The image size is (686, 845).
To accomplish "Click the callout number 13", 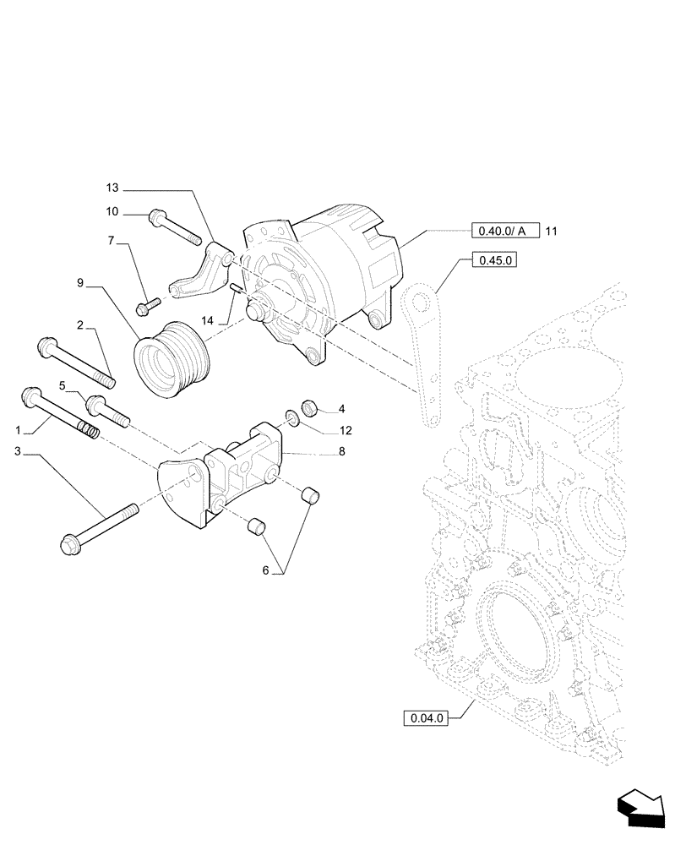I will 114,187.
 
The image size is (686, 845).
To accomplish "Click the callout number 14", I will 207,321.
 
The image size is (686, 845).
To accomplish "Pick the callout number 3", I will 18,453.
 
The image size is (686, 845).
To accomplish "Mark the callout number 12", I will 346,429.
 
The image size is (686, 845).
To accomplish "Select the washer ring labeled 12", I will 291,417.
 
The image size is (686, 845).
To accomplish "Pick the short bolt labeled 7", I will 150,302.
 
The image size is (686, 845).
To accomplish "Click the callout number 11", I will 551,231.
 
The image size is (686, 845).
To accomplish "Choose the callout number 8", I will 342,452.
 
